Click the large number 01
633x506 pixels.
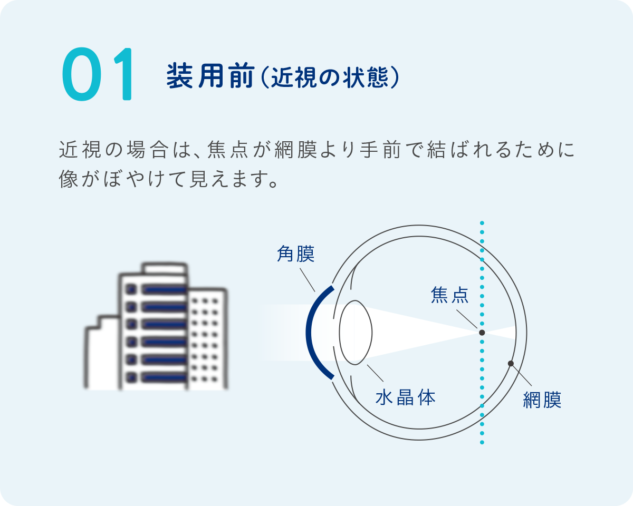(99, 75)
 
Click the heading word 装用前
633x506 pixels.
(210, 76)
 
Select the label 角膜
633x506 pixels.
(295, 255)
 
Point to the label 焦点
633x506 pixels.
(449, 295)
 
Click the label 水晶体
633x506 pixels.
(406, 397)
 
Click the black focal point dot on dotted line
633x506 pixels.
(482, 333)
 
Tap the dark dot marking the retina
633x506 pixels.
(511, 364)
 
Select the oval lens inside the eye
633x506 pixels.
(356, 332)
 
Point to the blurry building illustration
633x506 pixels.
(156, 327)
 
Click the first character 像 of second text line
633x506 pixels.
(69, 180)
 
